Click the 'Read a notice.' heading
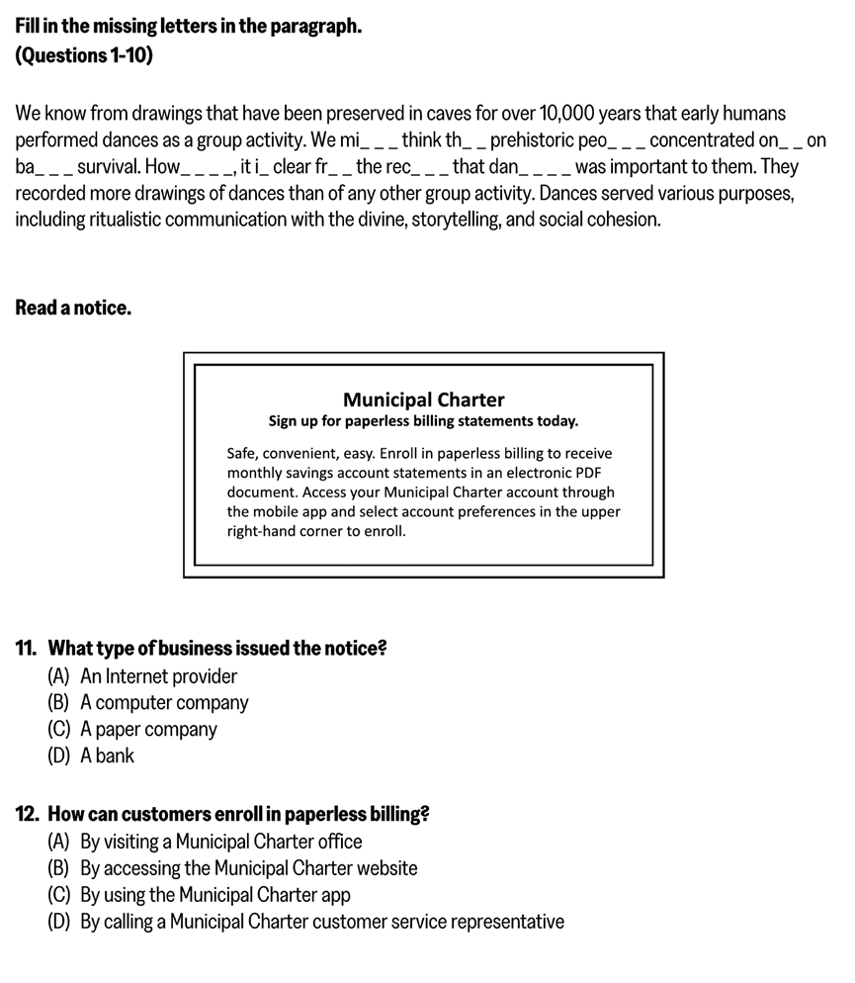[x=73, y=308]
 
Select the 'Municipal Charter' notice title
[x=423, y=400]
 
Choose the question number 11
[x=27, y=649]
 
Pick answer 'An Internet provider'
[x=158, y=676]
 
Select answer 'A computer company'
[x=164, y=703]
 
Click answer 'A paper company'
[x=148, y=730]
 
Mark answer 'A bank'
[x=107, y=756]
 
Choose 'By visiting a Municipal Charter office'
[x=220, y=842]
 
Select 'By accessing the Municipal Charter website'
[x=248, y=868]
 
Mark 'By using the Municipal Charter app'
[x=214, y=895]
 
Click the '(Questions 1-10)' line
[x=84, y=55]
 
